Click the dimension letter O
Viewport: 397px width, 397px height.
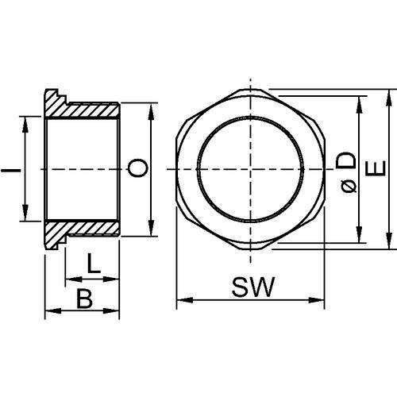pyautogui.click(x=137, y=168)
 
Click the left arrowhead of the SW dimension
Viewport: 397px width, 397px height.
pyautogui.click(x=180, y=300)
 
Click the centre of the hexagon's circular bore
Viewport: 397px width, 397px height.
pyautogui.click(x=250, y=169)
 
